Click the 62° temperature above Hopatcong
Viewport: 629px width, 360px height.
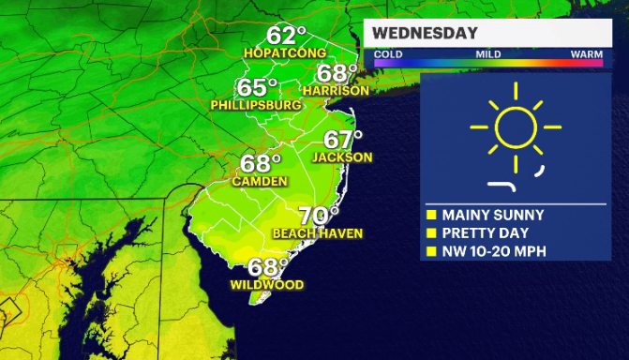(287, 36)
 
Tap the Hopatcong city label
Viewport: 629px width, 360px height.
(283, 52)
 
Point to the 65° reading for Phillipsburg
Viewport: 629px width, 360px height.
(257, 88)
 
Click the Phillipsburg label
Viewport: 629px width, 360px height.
(256, 106)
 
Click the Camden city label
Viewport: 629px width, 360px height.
(261, 181)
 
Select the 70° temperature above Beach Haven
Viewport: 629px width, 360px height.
(318, 215)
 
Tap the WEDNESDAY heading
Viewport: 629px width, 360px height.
(425, 34)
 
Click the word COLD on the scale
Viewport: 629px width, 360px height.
(387, 55)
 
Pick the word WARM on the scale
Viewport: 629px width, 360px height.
(587, 55)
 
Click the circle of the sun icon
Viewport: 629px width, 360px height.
(515, 127)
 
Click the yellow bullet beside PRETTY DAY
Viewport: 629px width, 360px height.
(431, 232)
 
